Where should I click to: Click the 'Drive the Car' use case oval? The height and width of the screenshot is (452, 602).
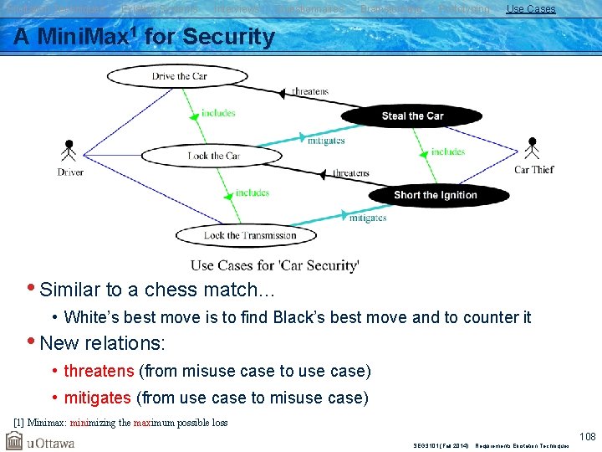[179, 76]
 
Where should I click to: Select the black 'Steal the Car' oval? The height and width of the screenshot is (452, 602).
[412, 116]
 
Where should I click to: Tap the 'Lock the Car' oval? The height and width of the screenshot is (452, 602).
[213, 156]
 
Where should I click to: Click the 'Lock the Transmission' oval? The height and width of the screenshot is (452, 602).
[249, 235]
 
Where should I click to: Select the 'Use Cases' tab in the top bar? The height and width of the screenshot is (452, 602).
[530, 8]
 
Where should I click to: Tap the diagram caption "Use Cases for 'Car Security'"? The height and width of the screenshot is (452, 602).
[274, 265]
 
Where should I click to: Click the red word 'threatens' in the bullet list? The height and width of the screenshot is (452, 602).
[99, 371]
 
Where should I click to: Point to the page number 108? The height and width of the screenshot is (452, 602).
[589, 435]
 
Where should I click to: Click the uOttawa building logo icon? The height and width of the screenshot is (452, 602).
[14, 440]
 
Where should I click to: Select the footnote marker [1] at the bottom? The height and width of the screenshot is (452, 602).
[19, 423]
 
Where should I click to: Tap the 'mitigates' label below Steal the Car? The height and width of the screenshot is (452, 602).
[326, 141]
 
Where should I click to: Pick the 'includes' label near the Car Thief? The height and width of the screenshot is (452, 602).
[448, 152]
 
